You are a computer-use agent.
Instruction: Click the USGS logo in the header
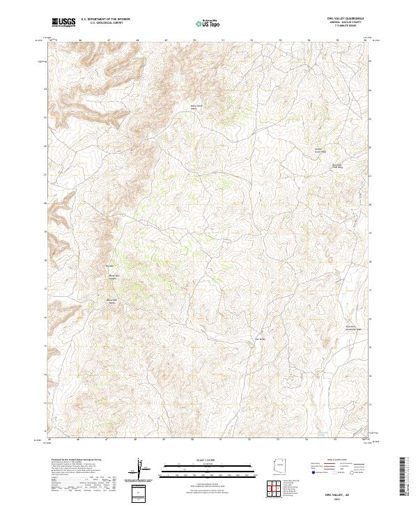[63, 22]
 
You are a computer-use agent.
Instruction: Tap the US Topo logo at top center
[208, 23]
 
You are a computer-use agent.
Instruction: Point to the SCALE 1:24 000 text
[208, 460]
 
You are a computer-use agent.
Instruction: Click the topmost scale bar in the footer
[208, 465]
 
